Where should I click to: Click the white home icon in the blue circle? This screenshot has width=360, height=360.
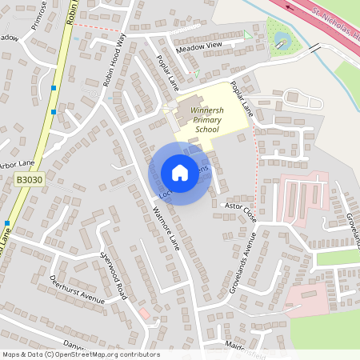coord(180,173)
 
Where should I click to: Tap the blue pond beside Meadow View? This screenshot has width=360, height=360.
coord(282,39)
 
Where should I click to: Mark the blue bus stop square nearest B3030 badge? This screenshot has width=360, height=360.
coord(6,223)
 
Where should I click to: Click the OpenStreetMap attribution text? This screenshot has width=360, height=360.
coord(81,354)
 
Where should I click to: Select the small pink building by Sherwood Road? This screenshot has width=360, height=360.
coord(144,312)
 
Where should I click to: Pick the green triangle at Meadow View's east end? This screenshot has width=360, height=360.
coord(247,34)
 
